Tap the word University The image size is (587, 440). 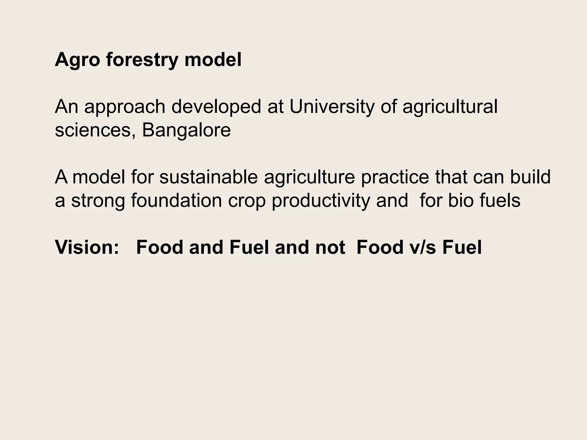pyautogui.click(x=332, y=107)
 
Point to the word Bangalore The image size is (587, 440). pyautogui.click(x=186, y=130)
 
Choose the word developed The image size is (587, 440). pyautogui.click(x=216, y=107)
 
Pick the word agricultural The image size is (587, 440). pyautogui.click(x=450, y=107)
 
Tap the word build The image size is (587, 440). pyautogui.click(x=530, y=177)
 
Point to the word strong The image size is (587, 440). pyautogui.click(x=98, y=201)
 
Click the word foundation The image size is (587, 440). pyautogui.click(x=177, y=201)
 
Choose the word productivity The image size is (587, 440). pyautogui.click(x=321, y=201)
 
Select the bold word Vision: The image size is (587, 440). pyautogui.click(x=87, y=247)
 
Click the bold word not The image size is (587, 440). pyautogui.click(x=330, y=247)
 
